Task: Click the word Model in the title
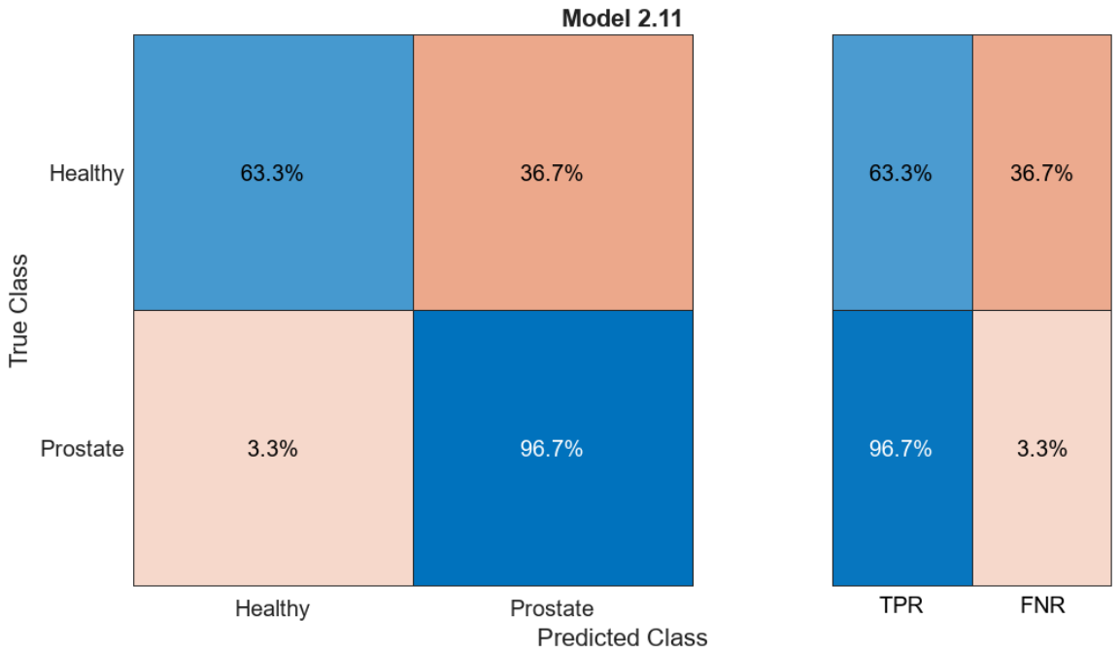tap(596, 17)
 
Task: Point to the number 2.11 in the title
tap(660, 17)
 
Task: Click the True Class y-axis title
tap(18, 311)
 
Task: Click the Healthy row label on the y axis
tap(86, 173)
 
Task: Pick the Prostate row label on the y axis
tap(83, 448)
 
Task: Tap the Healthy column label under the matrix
tap(272, 608)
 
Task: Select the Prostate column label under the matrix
tap(552, 608)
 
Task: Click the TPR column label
tap(901, 605)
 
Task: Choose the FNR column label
tap(1042, 605)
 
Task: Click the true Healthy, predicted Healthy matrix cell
tap(274, 172)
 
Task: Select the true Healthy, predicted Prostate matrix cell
tap(553, 172)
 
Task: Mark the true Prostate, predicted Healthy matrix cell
tap(274, 448)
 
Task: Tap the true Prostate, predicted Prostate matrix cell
tap(553, 448)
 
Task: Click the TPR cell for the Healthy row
tap(902, 172)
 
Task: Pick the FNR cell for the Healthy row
tap(1042, 172)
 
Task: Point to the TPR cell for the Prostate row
tap(902, 448)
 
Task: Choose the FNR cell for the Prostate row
tap(1042, 448)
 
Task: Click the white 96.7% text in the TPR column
tap(900, 448)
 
